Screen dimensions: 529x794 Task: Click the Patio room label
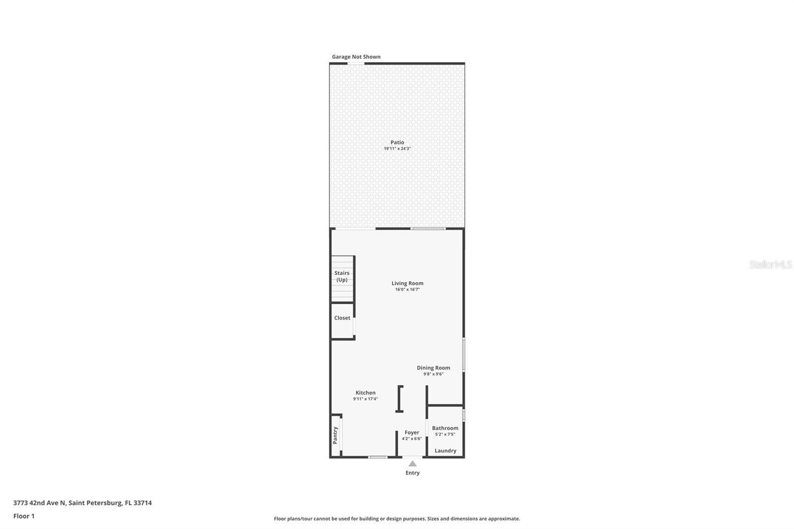397,142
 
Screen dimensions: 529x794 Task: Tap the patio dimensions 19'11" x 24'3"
397,149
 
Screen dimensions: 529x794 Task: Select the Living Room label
407,283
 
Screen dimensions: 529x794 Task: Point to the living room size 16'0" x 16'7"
407,290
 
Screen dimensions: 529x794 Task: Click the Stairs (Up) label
342,276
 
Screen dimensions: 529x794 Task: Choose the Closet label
342,318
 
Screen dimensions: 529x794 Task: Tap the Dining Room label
433,368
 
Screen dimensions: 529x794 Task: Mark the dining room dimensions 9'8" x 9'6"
433,374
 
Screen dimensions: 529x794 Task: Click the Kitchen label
365,393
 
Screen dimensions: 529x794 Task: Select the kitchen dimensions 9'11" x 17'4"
365,399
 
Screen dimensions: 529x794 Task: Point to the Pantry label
335,435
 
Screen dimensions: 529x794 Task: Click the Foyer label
412,432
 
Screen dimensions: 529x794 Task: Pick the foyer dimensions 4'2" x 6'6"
412,439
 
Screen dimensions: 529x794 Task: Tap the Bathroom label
445,428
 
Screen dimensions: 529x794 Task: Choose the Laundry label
445,451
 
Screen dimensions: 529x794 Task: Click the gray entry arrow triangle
412,463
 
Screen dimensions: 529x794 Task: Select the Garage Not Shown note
356,57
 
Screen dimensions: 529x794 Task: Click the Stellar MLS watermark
770,264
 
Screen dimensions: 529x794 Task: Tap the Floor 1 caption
24,516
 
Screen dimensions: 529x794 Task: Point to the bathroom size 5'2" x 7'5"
445,434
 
